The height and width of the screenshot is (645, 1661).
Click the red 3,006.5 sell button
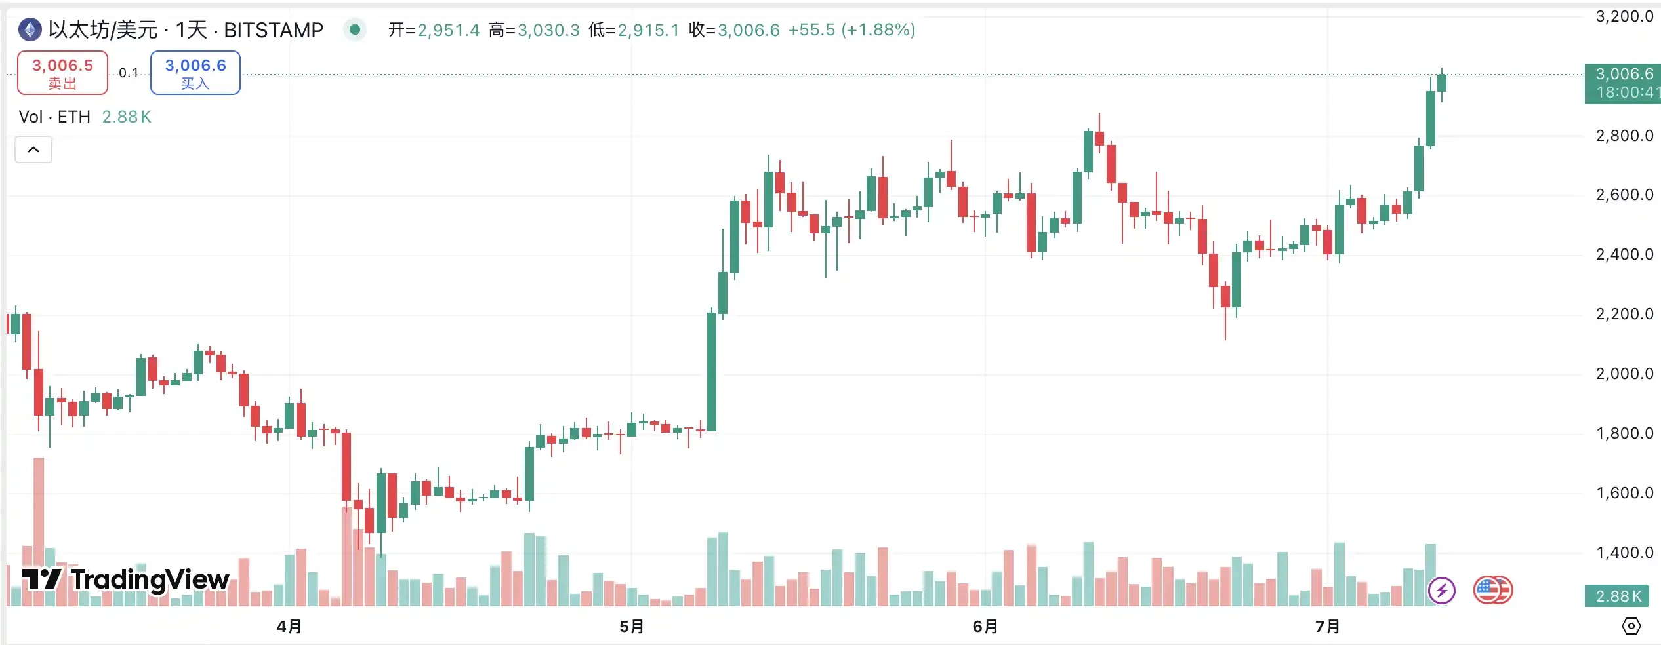click(62, 73)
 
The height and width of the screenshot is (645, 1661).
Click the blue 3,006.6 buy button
click(195, 73)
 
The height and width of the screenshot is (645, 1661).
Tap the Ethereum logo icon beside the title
click(30, 29)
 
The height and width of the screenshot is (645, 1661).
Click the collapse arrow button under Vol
click(33, 149)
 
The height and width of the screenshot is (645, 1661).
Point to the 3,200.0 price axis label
click(1624, 16)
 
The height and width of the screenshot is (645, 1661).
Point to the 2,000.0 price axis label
click(1624, 374)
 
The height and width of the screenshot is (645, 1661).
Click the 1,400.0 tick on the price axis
click(1624, 553)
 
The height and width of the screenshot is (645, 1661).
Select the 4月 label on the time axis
click(289, 627)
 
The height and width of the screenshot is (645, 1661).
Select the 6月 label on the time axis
click(985, 627)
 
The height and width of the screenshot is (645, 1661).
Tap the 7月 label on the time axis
click(1328, 627)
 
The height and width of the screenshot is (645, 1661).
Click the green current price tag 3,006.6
click(1622, 83)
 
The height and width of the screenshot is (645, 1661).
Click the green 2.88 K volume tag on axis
click(1618, 596)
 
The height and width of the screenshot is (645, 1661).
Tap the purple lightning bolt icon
click(1441, 591)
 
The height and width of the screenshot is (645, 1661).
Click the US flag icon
click(1492, 590)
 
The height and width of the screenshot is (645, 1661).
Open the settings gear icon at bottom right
click(1631, 626)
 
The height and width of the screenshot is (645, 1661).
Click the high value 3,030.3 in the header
click(548, 30)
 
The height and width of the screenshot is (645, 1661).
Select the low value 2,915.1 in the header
click(648, 30)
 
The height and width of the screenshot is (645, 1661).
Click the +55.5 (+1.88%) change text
click(851, 30)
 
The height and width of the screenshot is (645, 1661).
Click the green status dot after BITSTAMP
click(355, 29)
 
